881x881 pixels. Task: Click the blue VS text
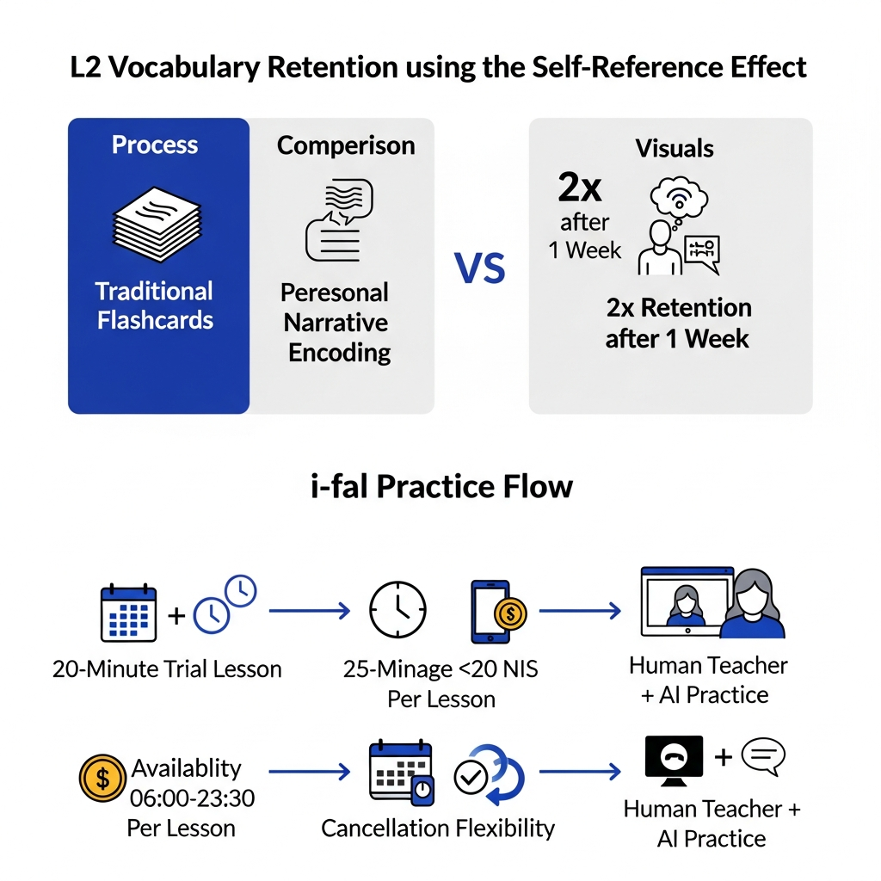[479, 268]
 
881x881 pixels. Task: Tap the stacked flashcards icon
[157, 225]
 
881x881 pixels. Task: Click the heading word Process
[155, 145]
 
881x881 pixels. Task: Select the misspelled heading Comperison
[346, 146]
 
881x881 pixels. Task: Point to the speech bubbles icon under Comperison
[339, 220]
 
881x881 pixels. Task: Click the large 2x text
[579, 187]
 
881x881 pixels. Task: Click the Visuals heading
[675, 149]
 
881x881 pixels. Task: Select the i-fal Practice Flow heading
[441, 487]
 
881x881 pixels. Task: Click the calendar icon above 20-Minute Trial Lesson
[128, 613]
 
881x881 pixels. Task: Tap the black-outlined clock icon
[397, 610]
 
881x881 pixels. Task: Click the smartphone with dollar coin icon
[498, 612]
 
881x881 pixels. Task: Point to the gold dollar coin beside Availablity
[102, 778]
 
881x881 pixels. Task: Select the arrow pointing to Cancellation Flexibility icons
[310, 772]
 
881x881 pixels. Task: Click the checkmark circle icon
[471, 778]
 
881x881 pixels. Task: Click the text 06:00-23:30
[192, 798]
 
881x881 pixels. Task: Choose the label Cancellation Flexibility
[438, 829]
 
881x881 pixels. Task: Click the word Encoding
[339, 353]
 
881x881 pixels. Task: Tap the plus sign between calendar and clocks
[176, 616]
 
